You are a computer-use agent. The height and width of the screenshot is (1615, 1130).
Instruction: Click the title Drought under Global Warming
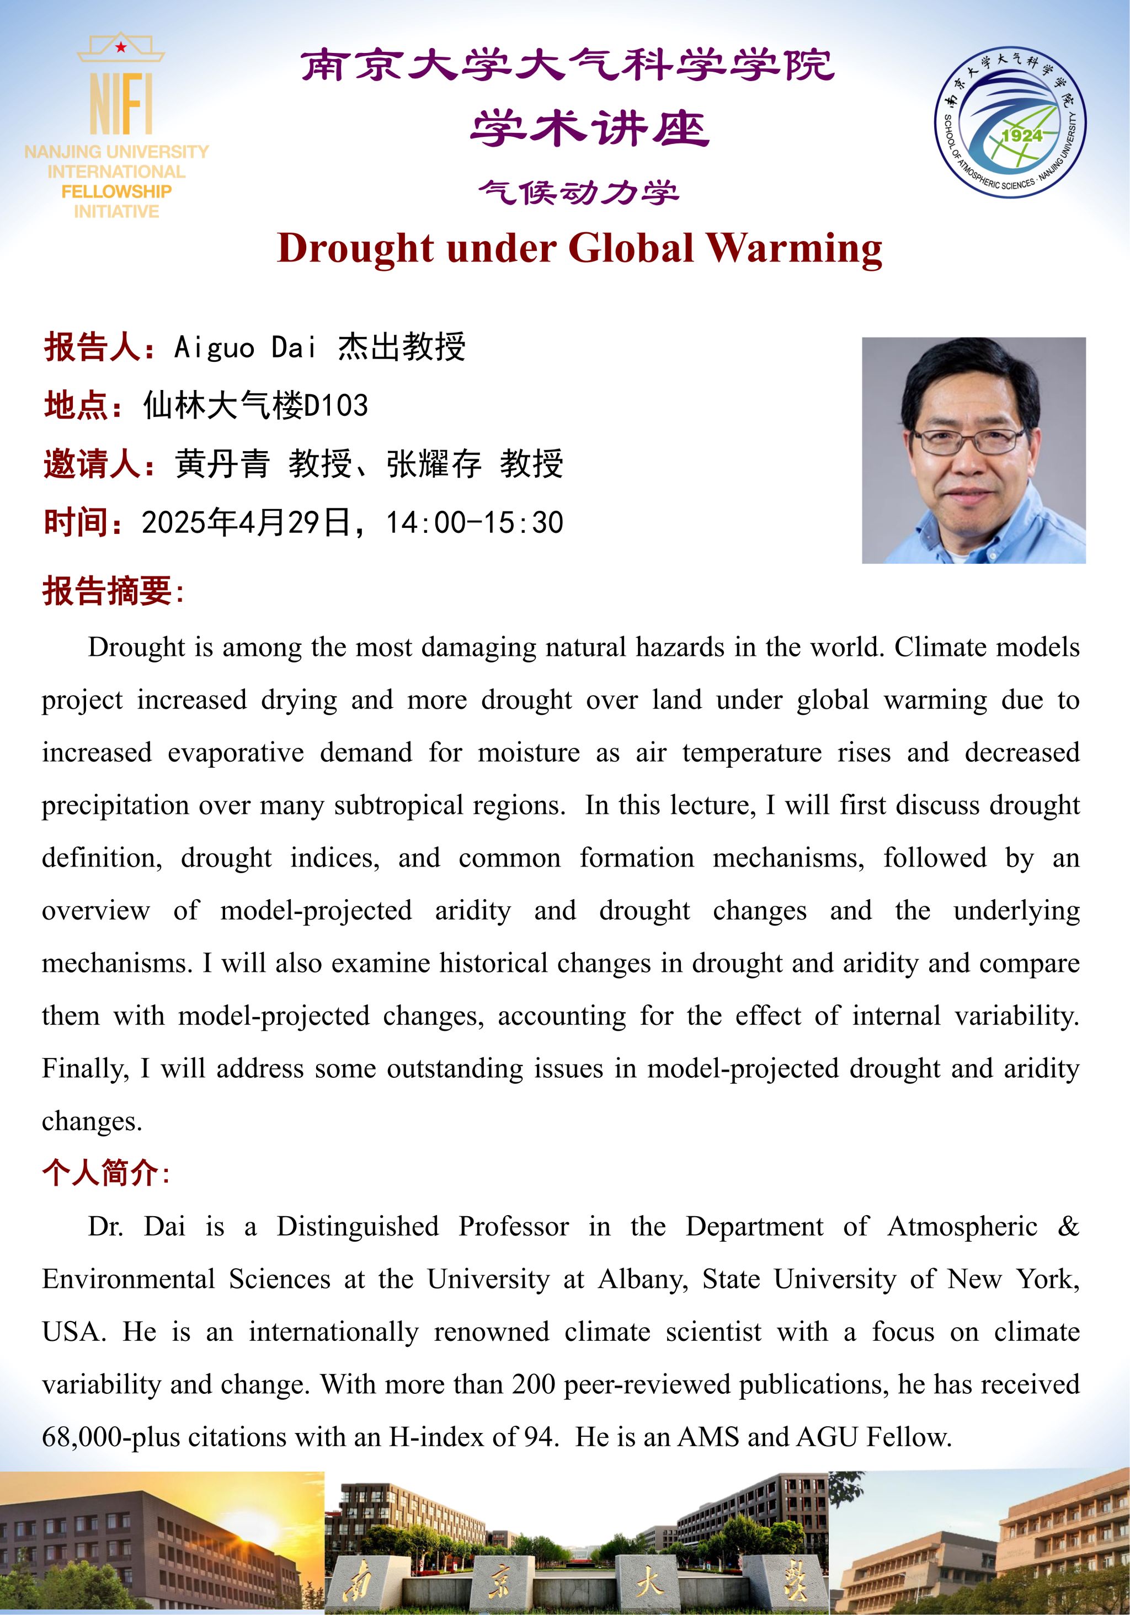point(579,249)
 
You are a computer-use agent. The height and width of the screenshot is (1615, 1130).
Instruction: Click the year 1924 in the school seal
point(1022,135)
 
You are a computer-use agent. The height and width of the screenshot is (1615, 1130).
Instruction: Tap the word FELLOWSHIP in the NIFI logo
point(116,191)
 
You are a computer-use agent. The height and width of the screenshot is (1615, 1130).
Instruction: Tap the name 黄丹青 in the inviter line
point(222,464)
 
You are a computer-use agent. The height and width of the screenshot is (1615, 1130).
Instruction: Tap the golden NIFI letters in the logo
point(120,104)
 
